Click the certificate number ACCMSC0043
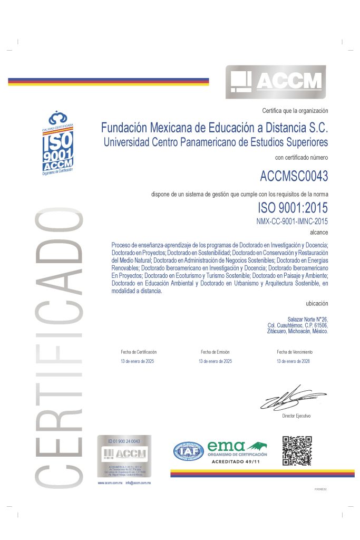point(294,175)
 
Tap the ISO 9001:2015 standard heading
point(293,208)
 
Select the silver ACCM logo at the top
point(275,82)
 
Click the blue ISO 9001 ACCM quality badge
point(57,142)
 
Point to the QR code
point(297,451)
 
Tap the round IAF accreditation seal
point(189,451)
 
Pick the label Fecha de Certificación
point(139,352)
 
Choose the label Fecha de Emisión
point(215,352)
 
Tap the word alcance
point(319,231)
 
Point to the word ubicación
point(317,303)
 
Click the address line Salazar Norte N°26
point(308,320)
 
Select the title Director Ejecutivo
point(297,416)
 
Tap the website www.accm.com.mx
point(110,483)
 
